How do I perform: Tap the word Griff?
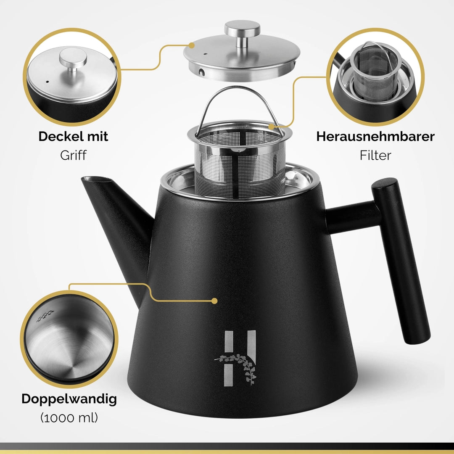click(73, 155)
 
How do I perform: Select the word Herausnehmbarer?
click(375, 136)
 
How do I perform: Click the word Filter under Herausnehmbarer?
click(375, 155)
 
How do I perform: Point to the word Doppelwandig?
click(69, 399)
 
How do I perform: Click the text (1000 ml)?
click(69, 417)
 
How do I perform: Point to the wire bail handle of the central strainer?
click(239, 89)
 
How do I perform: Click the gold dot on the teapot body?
click(214, 301)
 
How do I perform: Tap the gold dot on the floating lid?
click(191, 45)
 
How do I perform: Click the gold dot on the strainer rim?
click(271, 127)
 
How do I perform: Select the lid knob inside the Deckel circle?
click(73, 60)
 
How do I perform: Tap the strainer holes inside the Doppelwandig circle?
click(45, 316)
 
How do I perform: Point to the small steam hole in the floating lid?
click(205, 54)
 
